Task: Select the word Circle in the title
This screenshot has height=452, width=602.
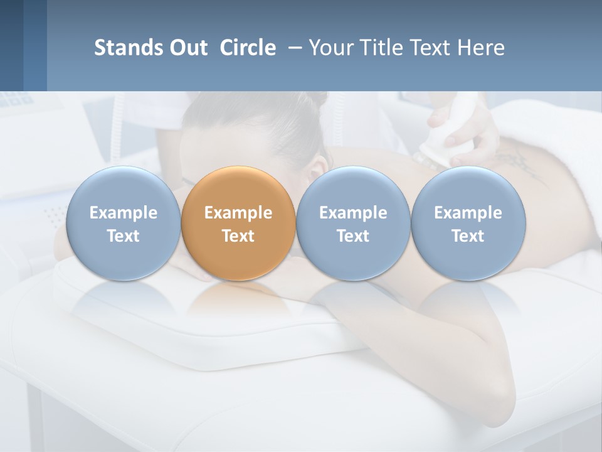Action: click(x=248, y=48)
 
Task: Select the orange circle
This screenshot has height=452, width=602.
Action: click(x=238, y=223)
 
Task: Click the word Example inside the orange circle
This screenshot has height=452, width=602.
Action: click(x=238, y=213)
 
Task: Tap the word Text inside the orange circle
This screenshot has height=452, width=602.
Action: click(x=238, y=236)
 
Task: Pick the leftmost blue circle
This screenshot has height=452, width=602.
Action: click(x=123, y=223)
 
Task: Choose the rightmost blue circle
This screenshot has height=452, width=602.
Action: click(x=468, y=223)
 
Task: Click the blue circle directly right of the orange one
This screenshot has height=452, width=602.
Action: click(x=353, y=223)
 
